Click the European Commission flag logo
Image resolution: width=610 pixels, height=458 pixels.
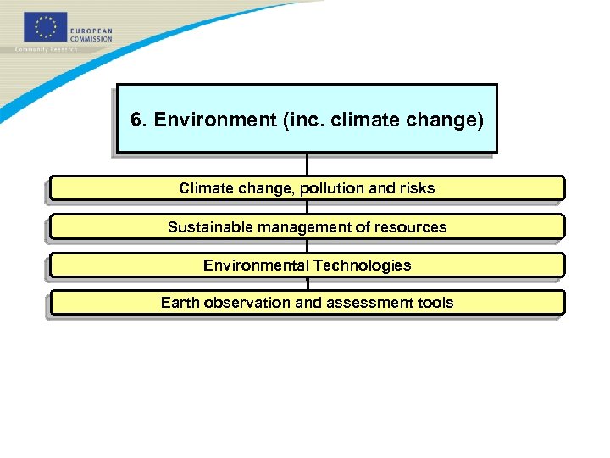point(45,28)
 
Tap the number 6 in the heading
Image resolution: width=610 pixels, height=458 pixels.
point(136,120)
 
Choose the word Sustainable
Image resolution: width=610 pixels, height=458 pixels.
point(210,227)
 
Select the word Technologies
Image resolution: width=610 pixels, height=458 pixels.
point(362,265)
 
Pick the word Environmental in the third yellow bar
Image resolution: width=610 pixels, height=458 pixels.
point(256,265)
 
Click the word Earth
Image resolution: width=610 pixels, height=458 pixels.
point(180,303)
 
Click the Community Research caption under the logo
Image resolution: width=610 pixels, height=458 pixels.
point(47,49)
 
